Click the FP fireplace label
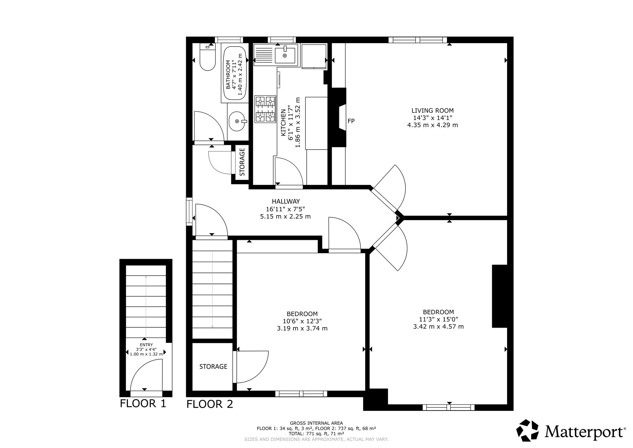click(x=351, y=121)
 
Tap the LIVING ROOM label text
click(x=432, y=111)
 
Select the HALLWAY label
click(x=285, y=201)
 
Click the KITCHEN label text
click(x=283, y=123)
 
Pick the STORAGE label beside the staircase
click(x=213, y=367)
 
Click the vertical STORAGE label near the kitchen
click(x=242, y=162)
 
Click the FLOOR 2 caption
click(x=210, y=404)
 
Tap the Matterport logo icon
click(x=527, y=430)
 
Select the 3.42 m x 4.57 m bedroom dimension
click(x=438, y=326)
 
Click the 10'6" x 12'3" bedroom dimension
click(x=302, y=321)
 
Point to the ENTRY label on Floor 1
click(x=146, y=345)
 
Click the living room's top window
click(x=418, y=40)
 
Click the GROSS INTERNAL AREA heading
click(x=316, y=423)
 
